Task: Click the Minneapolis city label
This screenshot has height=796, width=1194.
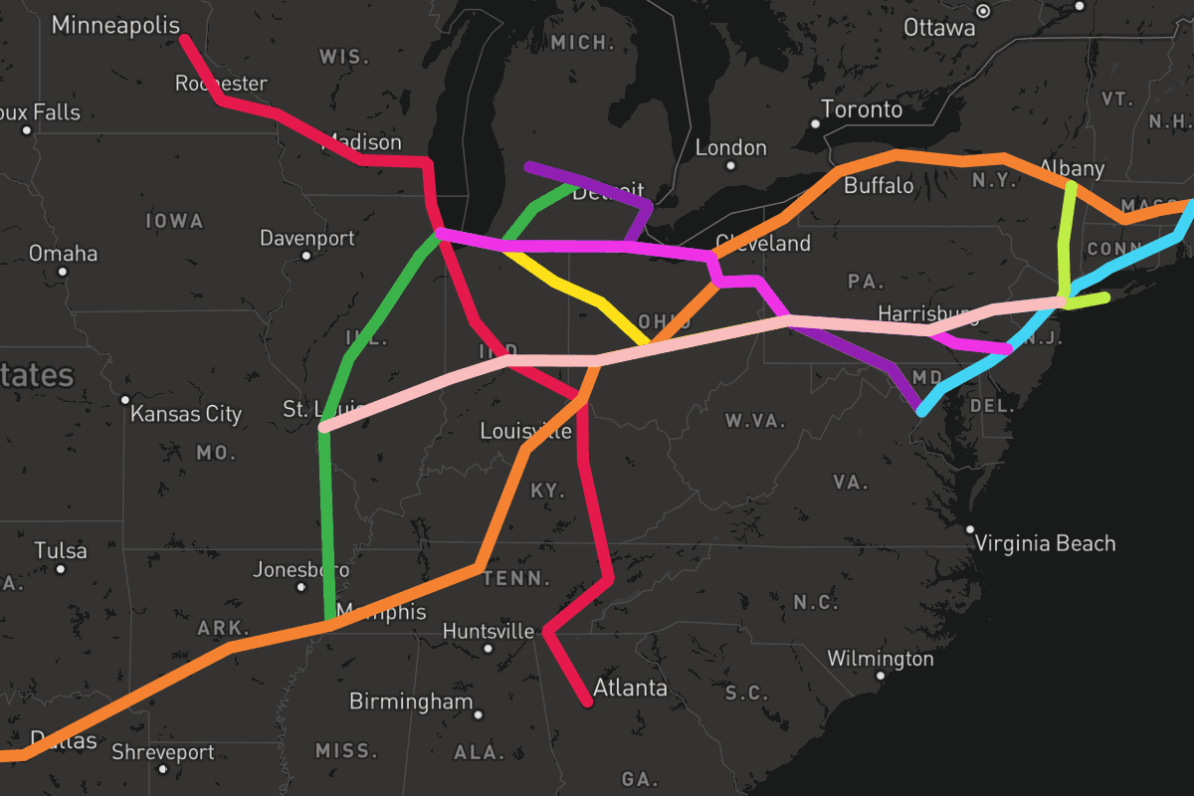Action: [115, 26]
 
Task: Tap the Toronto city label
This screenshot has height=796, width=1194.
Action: [862, 108]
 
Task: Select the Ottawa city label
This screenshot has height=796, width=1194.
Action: [939, 28]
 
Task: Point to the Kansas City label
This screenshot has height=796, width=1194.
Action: [186, 413]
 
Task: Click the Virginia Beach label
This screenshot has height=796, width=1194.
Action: [1045, 543]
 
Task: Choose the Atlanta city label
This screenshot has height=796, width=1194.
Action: [630, 688]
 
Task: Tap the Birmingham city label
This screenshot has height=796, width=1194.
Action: [411, 701]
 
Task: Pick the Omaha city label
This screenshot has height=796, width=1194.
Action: [63, 254]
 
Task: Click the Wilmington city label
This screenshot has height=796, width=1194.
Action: [881, 659]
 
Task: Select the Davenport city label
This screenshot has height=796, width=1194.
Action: [307, 239]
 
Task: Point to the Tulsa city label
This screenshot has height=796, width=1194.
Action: [61, 550]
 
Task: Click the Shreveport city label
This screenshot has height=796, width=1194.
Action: [162, 752]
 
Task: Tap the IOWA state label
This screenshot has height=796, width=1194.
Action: [174, 221]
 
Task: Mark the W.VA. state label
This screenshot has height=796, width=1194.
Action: [756, 421]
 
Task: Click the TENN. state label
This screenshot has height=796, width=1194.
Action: [519, 579]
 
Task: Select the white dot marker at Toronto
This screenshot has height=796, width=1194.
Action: [815, 123]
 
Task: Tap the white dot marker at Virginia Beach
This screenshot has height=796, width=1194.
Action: [970, 529]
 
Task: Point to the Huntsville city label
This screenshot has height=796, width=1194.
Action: [489, 632]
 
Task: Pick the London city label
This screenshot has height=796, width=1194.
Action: [731, 148]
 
